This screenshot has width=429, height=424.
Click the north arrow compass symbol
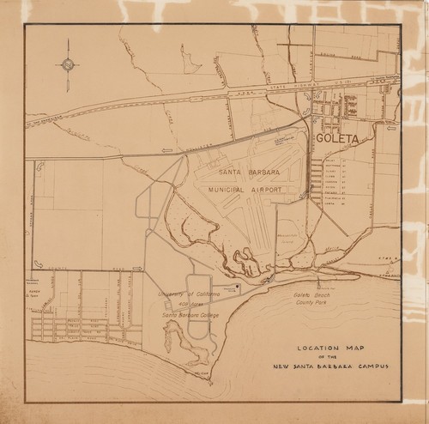pyautogui.click(x=68, y=64)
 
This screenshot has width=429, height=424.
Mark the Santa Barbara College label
pyautogui.click(x=190, y=315)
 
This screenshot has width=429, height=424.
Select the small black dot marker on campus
pyautogui.click(x=237, y=289)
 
